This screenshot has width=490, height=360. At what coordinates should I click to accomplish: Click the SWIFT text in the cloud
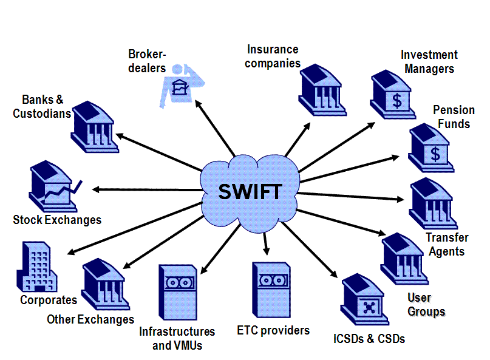click(250, 191)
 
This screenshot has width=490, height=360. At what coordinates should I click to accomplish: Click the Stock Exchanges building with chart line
click(52, 186)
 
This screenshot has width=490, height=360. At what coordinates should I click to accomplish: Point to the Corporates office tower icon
click(35, 267)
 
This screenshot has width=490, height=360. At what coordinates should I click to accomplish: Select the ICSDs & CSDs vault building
click(365, 301)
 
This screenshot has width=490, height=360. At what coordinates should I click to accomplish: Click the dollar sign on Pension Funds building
click(435, 154)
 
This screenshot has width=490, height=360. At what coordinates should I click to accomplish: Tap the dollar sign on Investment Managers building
click(396, 100)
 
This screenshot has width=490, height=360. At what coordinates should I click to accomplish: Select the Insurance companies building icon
click(322, 90)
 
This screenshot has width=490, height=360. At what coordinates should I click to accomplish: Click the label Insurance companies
click(273, 56)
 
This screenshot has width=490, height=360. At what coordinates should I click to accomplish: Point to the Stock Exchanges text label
click(57, 220)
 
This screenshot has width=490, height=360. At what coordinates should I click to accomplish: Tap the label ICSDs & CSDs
click(369, 338)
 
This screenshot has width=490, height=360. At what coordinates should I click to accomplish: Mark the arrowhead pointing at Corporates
click(72, 253)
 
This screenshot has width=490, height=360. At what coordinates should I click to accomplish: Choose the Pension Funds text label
click(452, 117)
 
